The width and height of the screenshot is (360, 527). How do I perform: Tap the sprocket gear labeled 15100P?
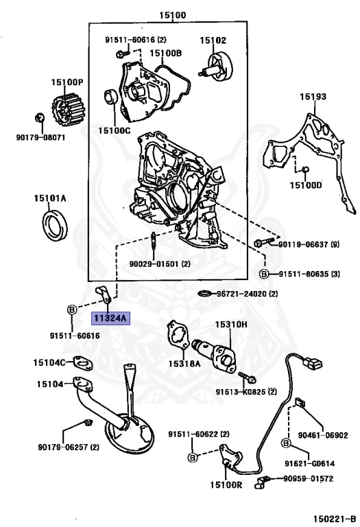[x=67, y=108]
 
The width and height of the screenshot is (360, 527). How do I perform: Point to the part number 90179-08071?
[x=40, y=137]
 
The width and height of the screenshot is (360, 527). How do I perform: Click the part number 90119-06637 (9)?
[x=309, y=244]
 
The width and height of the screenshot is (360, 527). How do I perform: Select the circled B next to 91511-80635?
[x=264, y=274]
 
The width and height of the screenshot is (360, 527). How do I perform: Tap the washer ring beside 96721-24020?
[x=204, y=294]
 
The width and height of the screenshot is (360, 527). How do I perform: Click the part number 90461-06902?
[x=323, y=435]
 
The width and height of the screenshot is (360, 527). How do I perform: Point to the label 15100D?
[x=305, y=185]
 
